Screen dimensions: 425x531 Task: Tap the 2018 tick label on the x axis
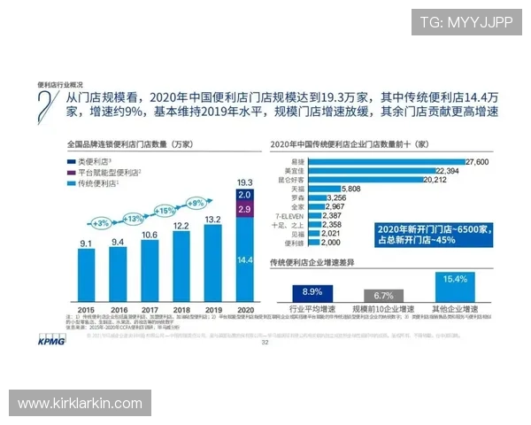coord(181,310)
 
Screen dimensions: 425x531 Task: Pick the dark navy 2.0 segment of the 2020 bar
coord(245,194)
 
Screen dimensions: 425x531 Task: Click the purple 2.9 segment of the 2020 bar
coord(245,209)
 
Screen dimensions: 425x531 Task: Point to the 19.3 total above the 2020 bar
coord(245,180)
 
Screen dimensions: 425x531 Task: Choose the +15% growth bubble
coord(165,210)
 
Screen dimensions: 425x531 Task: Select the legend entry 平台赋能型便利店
coord(104,171)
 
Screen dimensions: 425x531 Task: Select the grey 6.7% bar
coord(383,296)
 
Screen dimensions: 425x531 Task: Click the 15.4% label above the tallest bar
coord(454,279)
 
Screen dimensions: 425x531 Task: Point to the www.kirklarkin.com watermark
coord(81,404)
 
